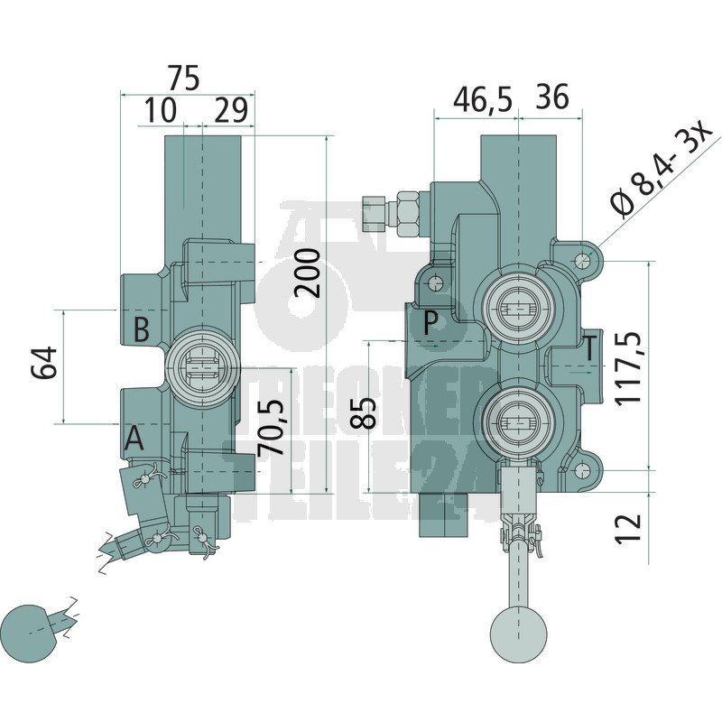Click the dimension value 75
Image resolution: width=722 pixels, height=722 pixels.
point(184,78)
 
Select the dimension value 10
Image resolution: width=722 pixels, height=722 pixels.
point(161,110)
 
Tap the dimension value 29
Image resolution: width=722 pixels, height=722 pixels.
point(231,110)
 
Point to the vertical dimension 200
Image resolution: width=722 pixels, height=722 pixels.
point(307,273)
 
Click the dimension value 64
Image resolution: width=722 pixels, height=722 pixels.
point(44,363)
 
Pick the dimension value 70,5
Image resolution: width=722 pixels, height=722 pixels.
point(271,427)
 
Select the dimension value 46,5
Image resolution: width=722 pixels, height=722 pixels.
point(483,99)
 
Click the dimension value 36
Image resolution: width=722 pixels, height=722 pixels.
point(552,97)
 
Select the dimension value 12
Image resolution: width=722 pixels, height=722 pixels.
point(628,528)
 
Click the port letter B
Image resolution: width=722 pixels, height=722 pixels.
point(142,329)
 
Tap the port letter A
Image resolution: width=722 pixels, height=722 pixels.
point(134,438)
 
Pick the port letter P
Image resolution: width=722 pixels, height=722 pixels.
point(430,323)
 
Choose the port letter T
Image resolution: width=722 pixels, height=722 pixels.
point(590,347)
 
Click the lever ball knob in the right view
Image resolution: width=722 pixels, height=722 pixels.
point(518,634)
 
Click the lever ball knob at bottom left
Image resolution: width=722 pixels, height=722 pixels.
point(30,634)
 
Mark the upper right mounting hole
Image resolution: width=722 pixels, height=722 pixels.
point(582,261)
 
